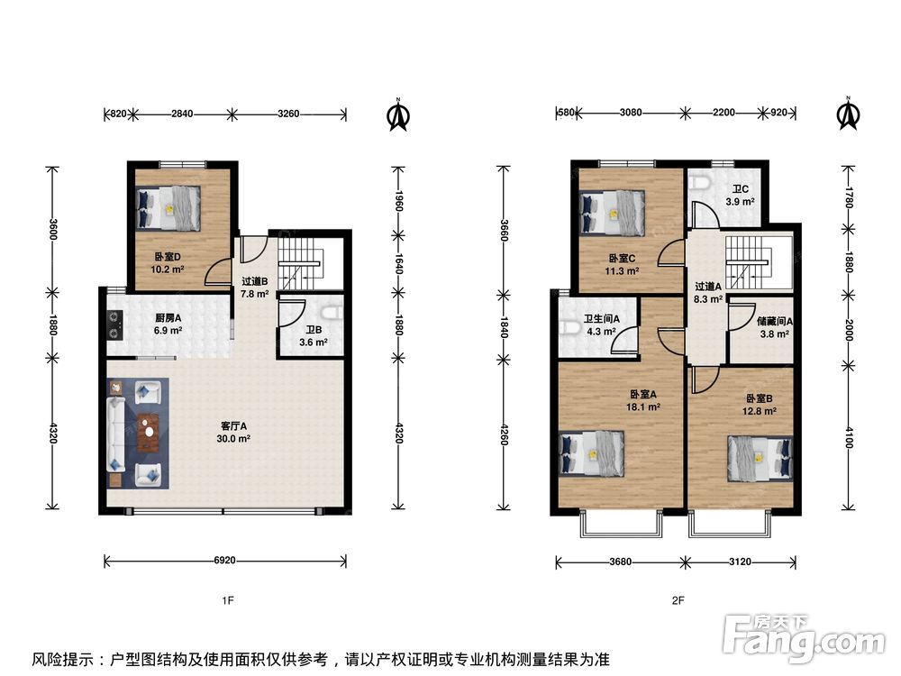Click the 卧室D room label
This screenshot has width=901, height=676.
tap(168, 257)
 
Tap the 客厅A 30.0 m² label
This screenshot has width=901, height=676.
tap(234, 433)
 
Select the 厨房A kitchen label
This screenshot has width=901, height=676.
tap(168, 317)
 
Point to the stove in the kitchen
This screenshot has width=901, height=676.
tap(114, 325)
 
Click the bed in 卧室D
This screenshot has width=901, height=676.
tap(168, 208)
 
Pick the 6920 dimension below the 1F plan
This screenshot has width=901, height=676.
tap(224, 560)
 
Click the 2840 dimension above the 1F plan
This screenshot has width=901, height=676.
tap(182, 114)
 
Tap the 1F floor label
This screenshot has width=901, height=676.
tap(228, 600)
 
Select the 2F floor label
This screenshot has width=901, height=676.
tap(678, 600)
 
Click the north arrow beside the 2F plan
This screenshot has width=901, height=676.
tap(848, 113)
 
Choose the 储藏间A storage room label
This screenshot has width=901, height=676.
tap(774, 322)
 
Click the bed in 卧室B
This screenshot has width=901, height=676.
tap(760, 458)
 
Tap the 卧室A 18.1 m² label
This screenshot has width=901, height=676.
tap(643, 401)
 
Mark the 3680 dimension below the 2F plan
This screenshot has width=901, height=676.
tap(621, 562)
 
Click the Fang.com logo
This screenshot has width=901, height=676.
tap(804, 637)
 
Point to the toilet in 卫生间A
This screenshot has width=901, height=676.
tap(567, 327)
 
